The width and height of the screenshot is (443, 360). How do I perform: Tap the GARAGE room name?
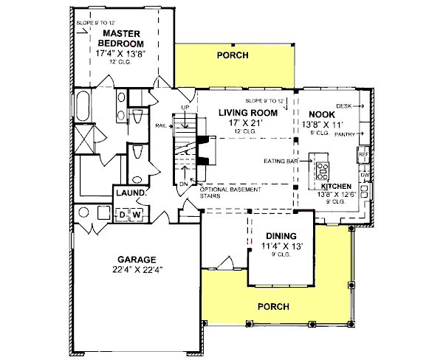point(136,260)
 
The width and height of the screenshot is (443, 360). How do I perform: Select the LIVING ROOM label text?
point(247,113)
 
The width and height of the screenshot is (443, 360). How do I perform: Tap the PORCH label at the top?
point(232,55)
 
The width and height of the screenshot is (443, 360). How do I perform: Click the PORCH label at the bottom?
point(272,306)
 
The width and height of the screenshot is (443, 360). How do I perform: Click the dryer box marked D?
point(123,215)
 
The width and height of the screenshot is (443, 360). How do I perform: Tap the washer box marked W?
point(137,215)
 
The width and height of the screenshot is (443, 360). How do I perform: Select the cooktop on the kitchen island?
point(323,171)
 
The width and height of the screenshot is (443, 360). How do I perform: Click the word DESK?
point(343,106)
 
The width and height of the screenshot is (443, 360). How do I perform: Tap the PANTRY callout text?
point(345,136)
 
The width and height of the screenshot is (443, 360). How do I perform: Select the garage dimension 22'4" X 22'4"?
point(136,270)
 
